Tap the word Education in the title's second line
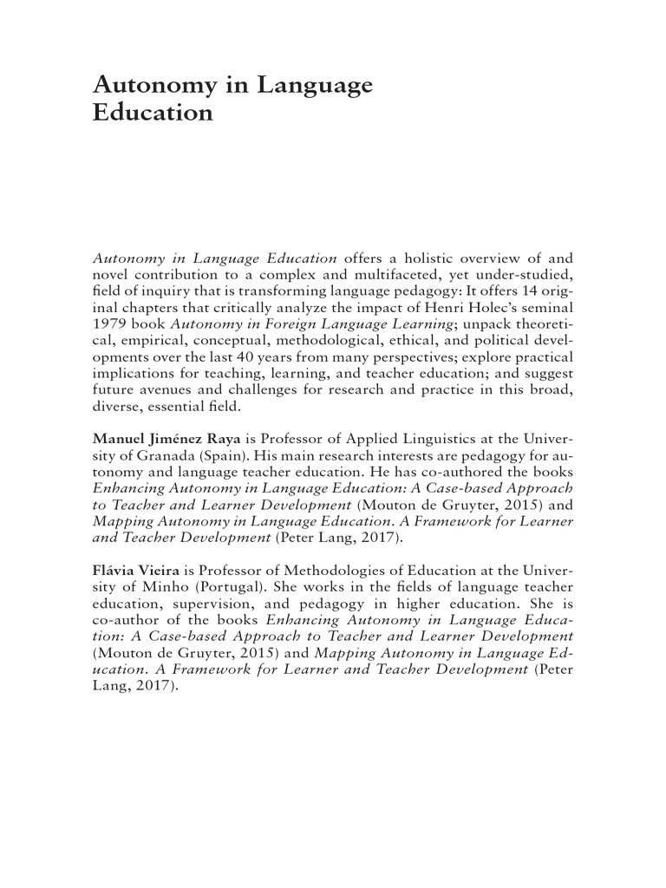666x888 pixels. pos(153,114)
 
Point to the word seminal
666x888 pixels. pos(547,308)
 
